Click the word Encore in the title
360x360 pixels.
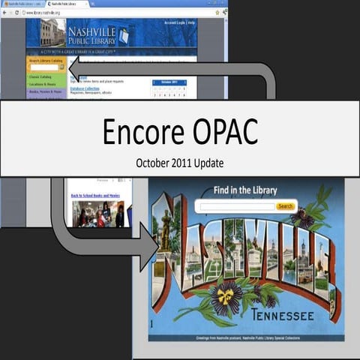click(148, 131)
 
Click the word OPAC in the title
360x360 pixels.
click(221, 131)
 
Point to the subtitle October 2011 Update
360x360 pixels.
click(179, 161)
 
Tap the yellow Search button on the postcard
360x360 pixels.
click(285, 206)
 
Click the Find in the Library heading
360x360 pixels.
click(245, 190)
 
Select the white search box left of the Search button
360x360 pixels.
click(235, 206)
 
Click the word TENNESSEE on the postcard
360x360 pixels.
click(283, 316)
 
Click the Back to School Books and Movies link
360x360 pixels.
click(96, 196)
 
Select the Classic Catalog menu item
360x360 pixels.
click(40, 76)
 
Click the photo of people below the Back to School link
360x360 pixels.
click(97, 214)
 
